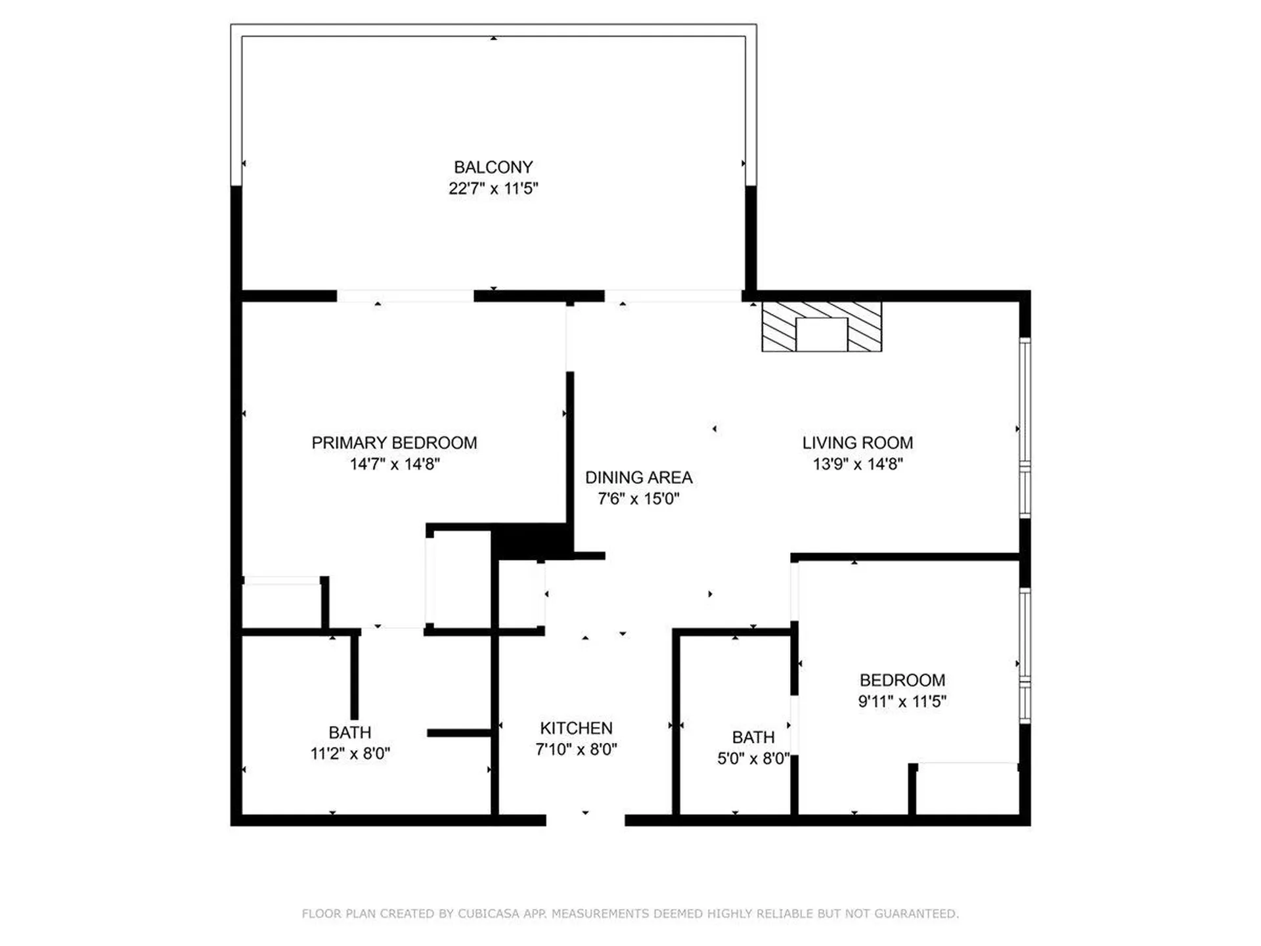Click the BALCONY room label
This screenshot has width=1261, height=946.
pos(493,167)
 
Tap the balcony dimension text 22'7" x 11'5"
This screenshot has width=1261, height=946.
pos(493,189)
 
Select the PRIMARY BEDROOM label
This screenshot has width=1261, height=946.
pos(394,443)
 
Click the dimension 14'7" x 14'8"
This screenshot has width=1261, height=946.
pos(394,464)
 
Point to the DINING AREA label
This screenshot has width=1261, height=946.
pos(638,478)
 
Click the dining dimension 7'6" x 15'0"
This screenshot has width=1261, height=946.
pos(638,499)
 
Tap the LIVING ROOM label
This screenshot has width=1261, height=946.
pos(857,443)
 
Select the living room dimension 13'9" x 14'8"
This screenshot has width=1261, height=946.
pos(857,464)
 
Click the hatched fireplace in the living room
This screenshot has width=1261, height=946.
pos(821,327)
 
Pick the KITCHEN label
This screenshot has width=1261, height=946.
pos(576,728)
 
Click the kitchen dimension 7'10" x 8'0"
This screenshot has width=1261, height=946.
pos(576,749)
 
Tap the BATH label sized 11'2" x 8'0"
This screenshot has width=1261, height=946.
pos(350,732)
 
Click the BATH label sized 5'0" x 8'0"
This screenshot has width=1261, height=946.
pos(753,737)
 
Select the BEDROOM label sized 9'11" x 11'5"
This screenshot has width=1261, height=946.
pos(902,680)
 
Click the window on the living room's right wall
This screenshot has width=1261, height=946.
pos(1025,427)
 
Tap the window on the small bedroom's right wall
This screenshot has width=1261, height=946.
pos(1025,656)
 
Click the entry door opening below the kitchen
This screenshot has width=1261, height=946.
pos(585,819)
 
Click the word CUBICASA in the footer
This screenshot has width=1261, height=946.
pos(489,913)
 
